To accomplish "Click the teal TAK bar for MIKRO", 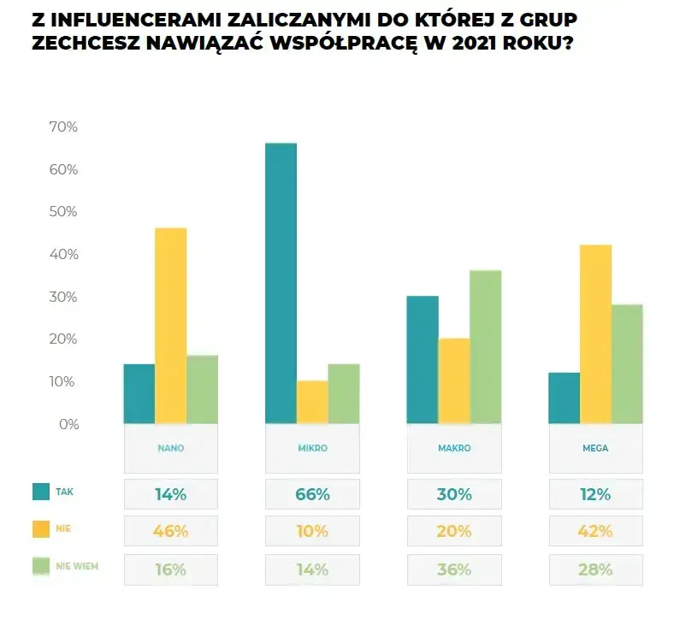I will (281, 282).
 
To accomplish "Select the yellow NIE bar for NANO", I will (170, 325).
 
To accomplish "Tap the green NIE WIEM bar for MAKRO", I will (485, 346).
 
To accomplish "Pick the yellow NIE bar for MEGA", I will (595, 333).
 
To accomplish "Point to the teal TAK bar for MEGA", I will (564, 398).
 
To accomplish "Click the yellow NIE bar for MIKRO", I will (312, 402).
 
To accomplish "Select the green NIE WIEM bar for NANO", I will (202, 389).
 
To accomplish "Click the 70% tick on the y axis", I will (62, 127).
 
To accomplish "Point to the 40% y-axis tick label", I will (62, 255).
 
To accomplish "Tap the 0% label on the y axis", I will (68, 424).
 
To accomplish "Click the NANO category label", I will (171, 448).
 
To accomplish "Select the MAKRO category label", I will (453, 448).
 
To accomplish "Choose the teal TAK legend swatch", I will (41, 492).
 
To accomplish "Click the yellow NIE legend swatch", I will (41, 529).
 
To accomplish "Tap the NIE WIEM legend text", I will (78, 566).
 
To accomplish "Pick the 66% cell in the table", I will (312, 494).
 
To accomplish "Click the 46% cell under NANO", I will (171, 531).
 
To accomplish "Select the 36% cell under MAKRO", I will (453, 569).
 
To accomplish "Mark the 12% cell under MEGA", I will (595, 494).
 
